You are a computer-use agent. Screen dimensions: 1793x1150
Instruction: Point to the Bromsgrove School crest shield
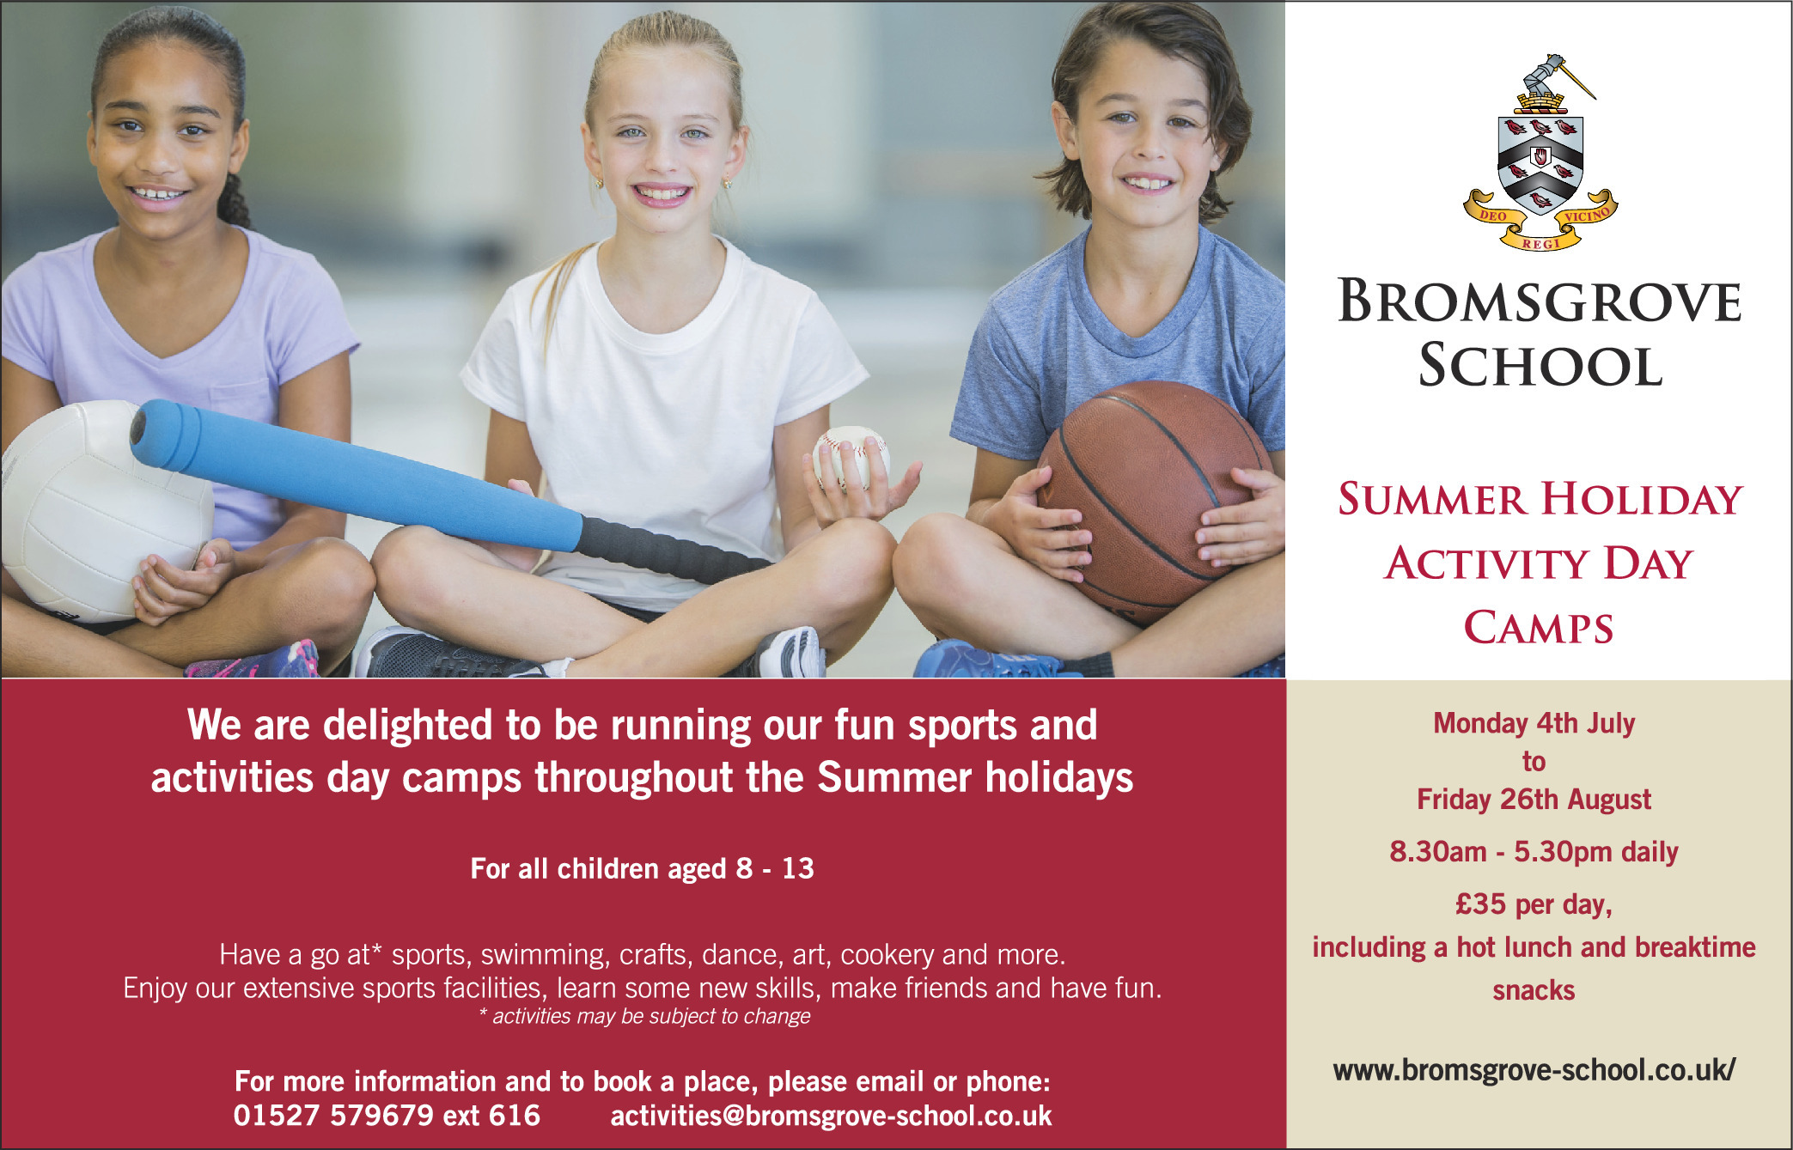[x=1540, y=166]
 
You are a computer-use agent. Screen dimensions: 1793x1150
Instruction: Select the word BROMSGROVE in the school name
[x=1540, y=301]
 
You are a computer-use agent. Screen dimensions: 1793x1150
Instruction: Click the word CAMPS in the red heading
[x=1539, y=628]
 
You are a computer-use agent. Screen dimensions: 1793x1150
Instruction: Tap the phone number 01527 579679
[x=333, y=1115]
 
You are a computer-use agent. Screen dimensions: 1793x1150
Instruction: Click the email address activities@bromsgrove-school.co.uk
[x=831, y=1116]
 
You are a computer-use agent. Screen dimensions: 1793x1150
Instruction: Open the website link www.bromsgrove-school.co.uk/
[x=1534, y=1070]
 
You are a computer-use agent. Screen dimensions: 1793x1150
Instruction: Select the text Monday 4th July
[x=1534, y=723]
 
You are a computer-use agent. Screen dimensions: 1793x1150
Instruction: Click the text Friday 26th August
[x=1534, y=800]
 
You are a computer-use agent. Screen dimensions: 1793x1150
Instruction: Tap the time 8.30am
[x=1437, y=852]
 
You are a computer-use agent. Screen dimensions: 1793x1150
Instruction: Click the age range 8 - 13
[x=774, y=868]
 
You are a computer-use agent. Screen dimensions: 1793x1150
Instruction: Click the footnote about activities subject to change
[x=644, y=1016]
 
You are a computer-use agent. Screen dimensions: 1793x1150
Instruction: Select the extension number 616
[x=514, y=1115]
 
